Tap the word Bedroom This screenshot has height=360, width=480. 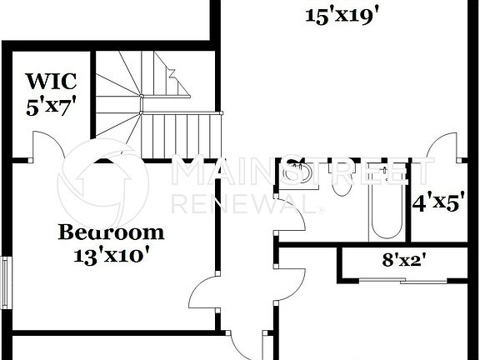(x=110, y=232)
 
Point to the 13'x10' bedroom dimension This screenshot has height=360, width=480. (x=111, y=254)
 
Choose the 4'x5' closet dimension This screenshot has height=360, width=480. (x=438, y=202)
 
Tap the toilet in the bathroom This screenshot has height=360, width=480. (x=339, y=182)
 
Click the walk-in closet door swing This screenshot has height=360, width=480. (x=48, y=148)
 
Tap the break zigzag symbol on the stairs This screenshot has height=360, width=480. (x=177, y=79)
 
